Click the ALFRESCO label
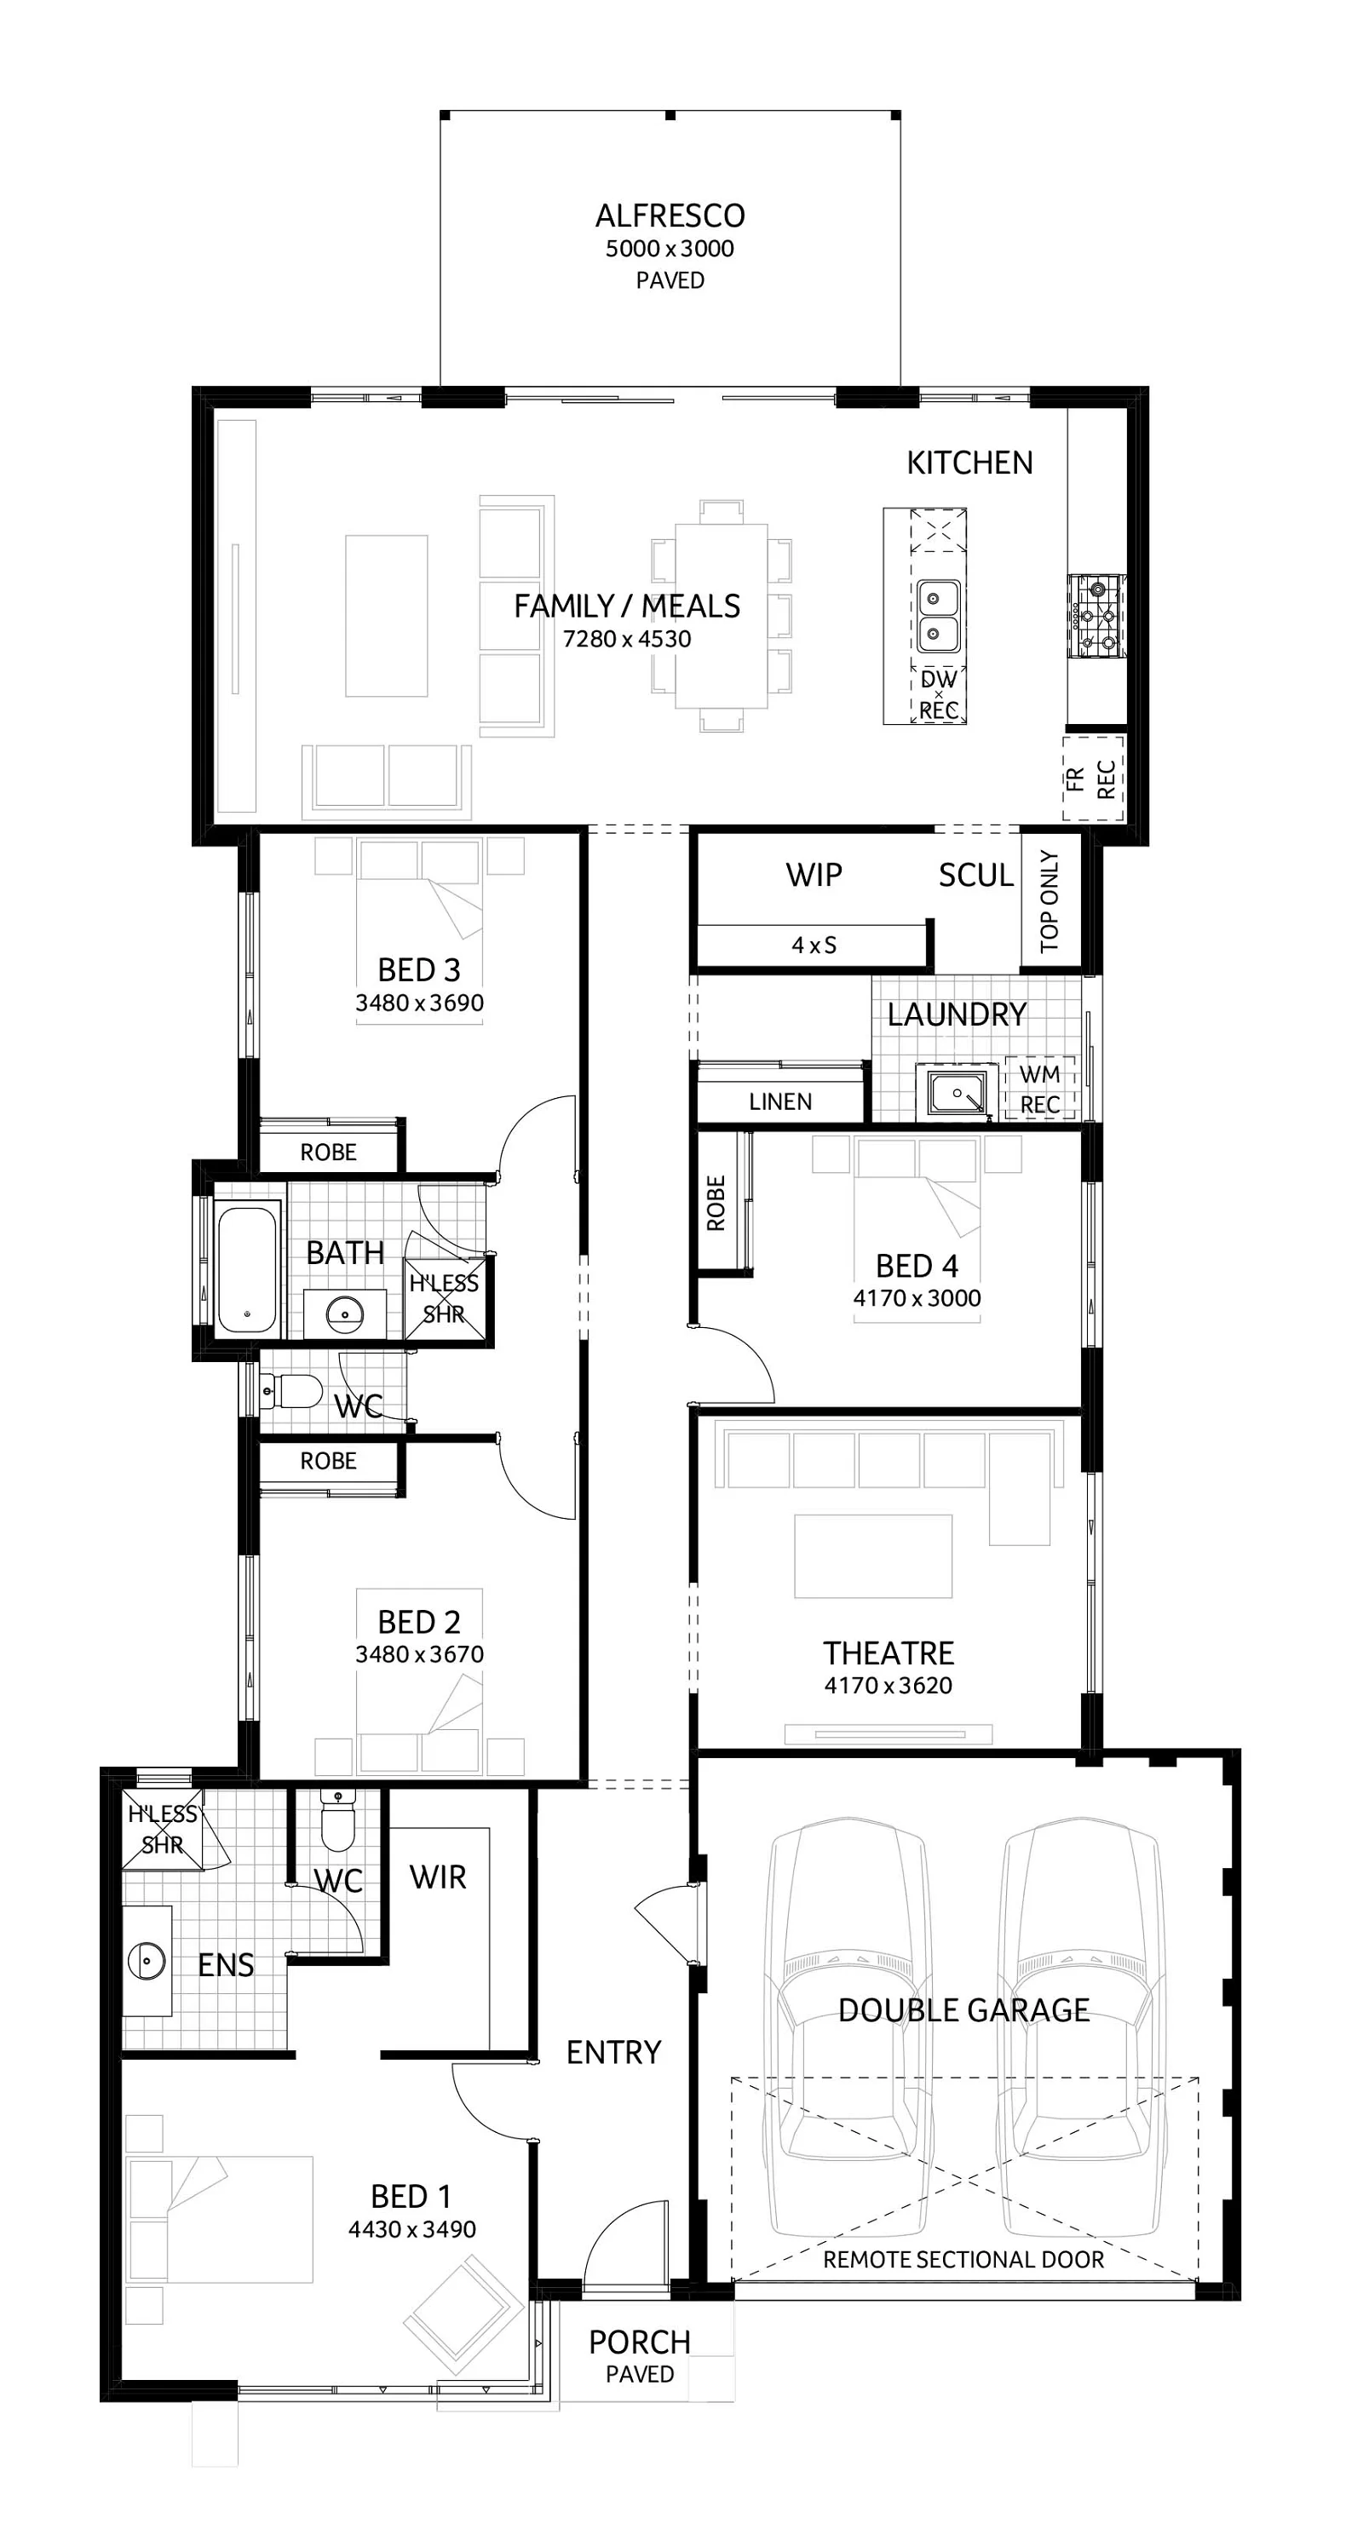click(x=670, y=216)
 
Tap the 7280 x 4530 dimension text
click(x=627, y=639)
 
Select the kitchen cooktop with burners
click(x=1096, y=616)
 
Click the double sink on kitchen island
click(x=938, y=616)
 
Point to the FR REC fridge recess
click(x=1091, y=779)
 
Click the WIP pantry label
click(x=813, y=875)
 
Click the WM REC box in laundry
click(x=1039, y=1089)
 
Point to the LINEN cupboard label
click(x=779, y=1101)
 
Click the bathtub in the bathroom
click(x=247, y=1270)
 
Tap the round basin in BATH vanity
click(x=344, y=1313)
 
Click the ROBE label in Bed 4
click(x=716, y=1203)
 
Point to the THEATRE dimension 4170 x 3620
click(x=888, y=1685)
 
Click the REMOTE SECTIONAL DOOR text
click(x=963, y=2260)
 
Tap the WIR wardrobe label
click(x=438, y=1877)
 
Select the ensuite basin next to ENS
click(x=147, y=1960)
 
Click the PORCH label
click(x=639, y=2342)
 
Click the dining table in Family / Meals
click(x=722, y=616)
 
